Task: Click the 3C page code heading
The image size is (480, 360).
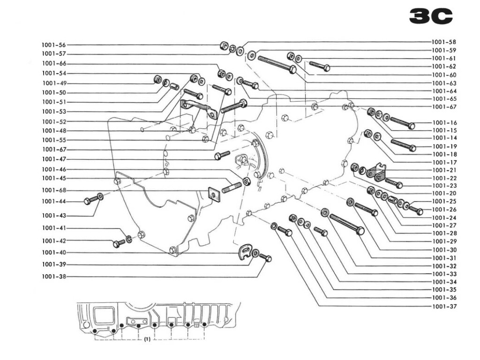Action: coord(431,16)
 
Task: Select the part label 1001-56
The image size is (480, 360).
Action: coord(54,45)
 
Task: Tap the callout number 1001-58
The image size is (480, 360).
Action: coord(443,42)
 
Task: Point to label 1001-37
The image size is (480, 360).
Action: coord(443,307)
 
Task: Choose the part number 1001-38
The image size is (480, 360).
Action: coord(54,277)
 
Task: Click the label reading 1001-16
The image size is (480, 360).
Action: coord(443,123)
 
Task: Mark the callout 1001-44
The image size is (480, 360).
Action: coord(54,202)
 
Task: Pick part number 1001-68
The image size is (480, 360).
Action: coord(54,190)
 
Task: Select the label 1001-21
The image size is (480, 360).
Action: coord(443,170)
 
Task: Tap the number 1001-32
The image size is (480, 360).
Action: coord(443,266)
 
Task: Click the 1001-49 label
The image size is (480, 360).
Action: coord(54,83)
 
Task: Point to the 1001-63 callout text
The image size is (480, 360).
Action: coord(443,83)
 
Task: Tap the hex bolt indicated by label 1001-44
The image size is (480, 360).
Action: coord(89,201)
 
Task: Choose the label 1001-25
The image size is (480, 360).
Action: coord(443,202)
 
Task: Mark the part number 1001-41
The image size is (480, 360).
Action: coord(54,228)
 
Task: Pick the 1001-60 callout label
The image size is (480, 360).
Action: coord(443,75)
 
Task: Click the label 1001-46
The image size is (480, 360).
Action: coord(54,169)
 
